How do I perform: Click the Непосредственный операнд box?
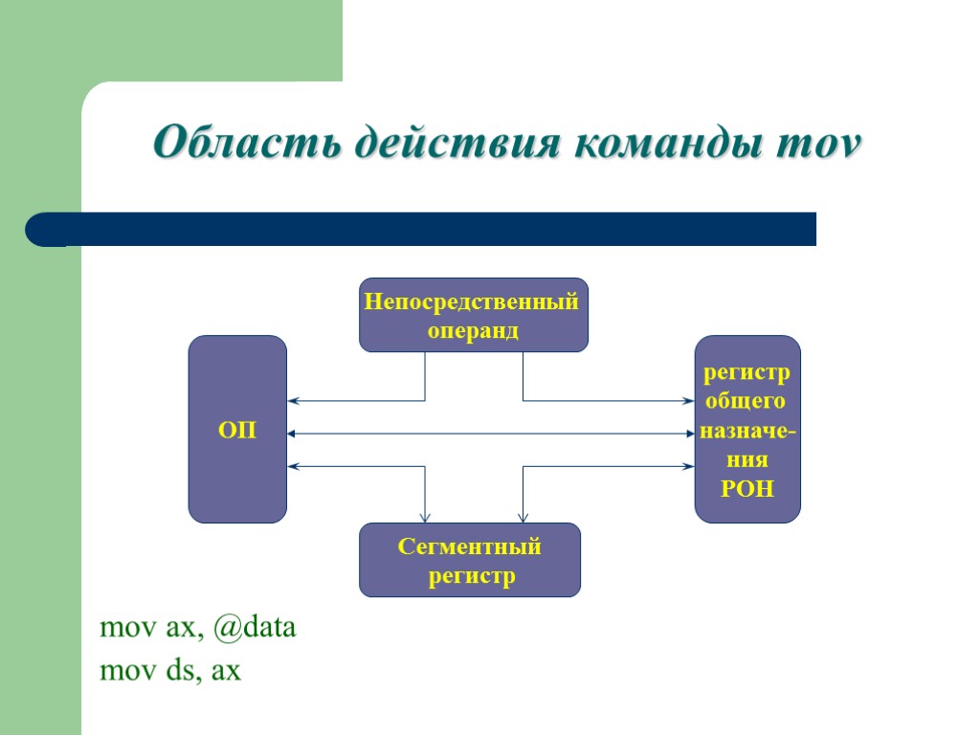tap(473, 316)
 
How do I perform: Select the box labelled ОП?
tap(237, 430)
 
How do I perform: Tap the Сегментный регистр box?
tap(469, 561)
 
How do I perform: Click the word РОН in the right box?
tap(746, 489)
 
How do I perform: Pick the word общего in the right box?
tap(746, 401)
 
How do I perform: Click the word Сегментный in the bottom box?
tap(469, 547)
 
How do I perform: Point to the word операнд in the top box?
tap(473, 331)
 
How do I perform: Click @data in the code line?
tap(255, 629)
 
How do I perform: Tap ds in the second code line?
tap(178, 672)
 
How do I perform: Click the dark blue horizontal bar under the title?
tap(421, 230)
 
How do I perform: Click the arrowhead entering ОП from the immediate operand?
tap(293, 400)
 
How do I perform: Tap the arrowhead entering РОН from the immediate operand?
tap(688, 400)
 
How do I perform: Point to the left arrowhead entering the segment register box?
tap(425, 518)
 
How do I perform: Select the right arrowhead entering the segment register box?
tap(522, 518)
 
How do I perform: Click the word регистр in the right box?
tap(746, 372)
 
